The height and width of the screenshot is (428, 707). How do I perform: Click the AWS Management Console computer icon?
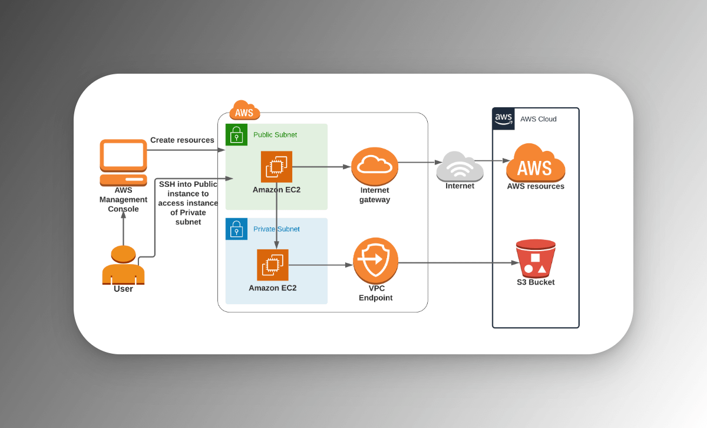(x=123, y=162)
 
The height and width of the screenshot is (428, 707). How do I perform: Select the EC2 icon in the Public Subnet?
(x=276, y=167)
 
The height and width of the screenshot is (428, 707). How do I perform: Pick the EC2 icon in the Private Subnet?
(x=273, y=265)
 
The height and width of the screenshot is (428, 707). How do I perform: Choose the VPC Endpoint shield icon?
(x=376, y=259)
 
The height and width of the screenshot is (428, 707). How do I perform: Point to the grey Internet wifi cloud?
(x=460, y=166)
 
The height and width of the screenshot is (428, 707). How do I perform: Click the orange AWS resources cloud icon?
(x=536, y=163)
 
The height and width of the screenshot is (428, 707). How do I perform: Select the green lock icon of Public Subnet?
(x=236, y=134)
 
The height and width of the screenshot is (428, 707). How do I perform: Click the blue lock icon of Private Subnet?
(x=236, y=229)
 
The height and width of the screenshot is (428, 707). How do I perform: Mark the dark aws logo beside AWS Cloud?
(x=504, y=118)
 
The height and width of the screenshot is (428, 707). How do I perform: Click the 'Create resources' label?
(x=182, y=140)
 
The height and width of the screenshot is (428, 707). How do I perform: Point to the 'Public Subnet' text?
(x=275, y=135)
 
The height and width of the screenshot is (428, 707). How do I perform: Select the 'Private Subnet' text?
(x=276, y=229)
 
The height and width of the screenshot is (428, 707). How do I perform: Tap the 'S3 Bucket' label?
(x=536, y=282)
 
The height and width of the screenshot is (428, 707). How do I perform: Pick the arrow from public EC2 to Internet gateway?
(x=321, y=167)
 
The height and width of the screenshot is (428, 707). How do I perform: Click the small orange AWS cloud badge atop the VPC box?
(x=244, y=111)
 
